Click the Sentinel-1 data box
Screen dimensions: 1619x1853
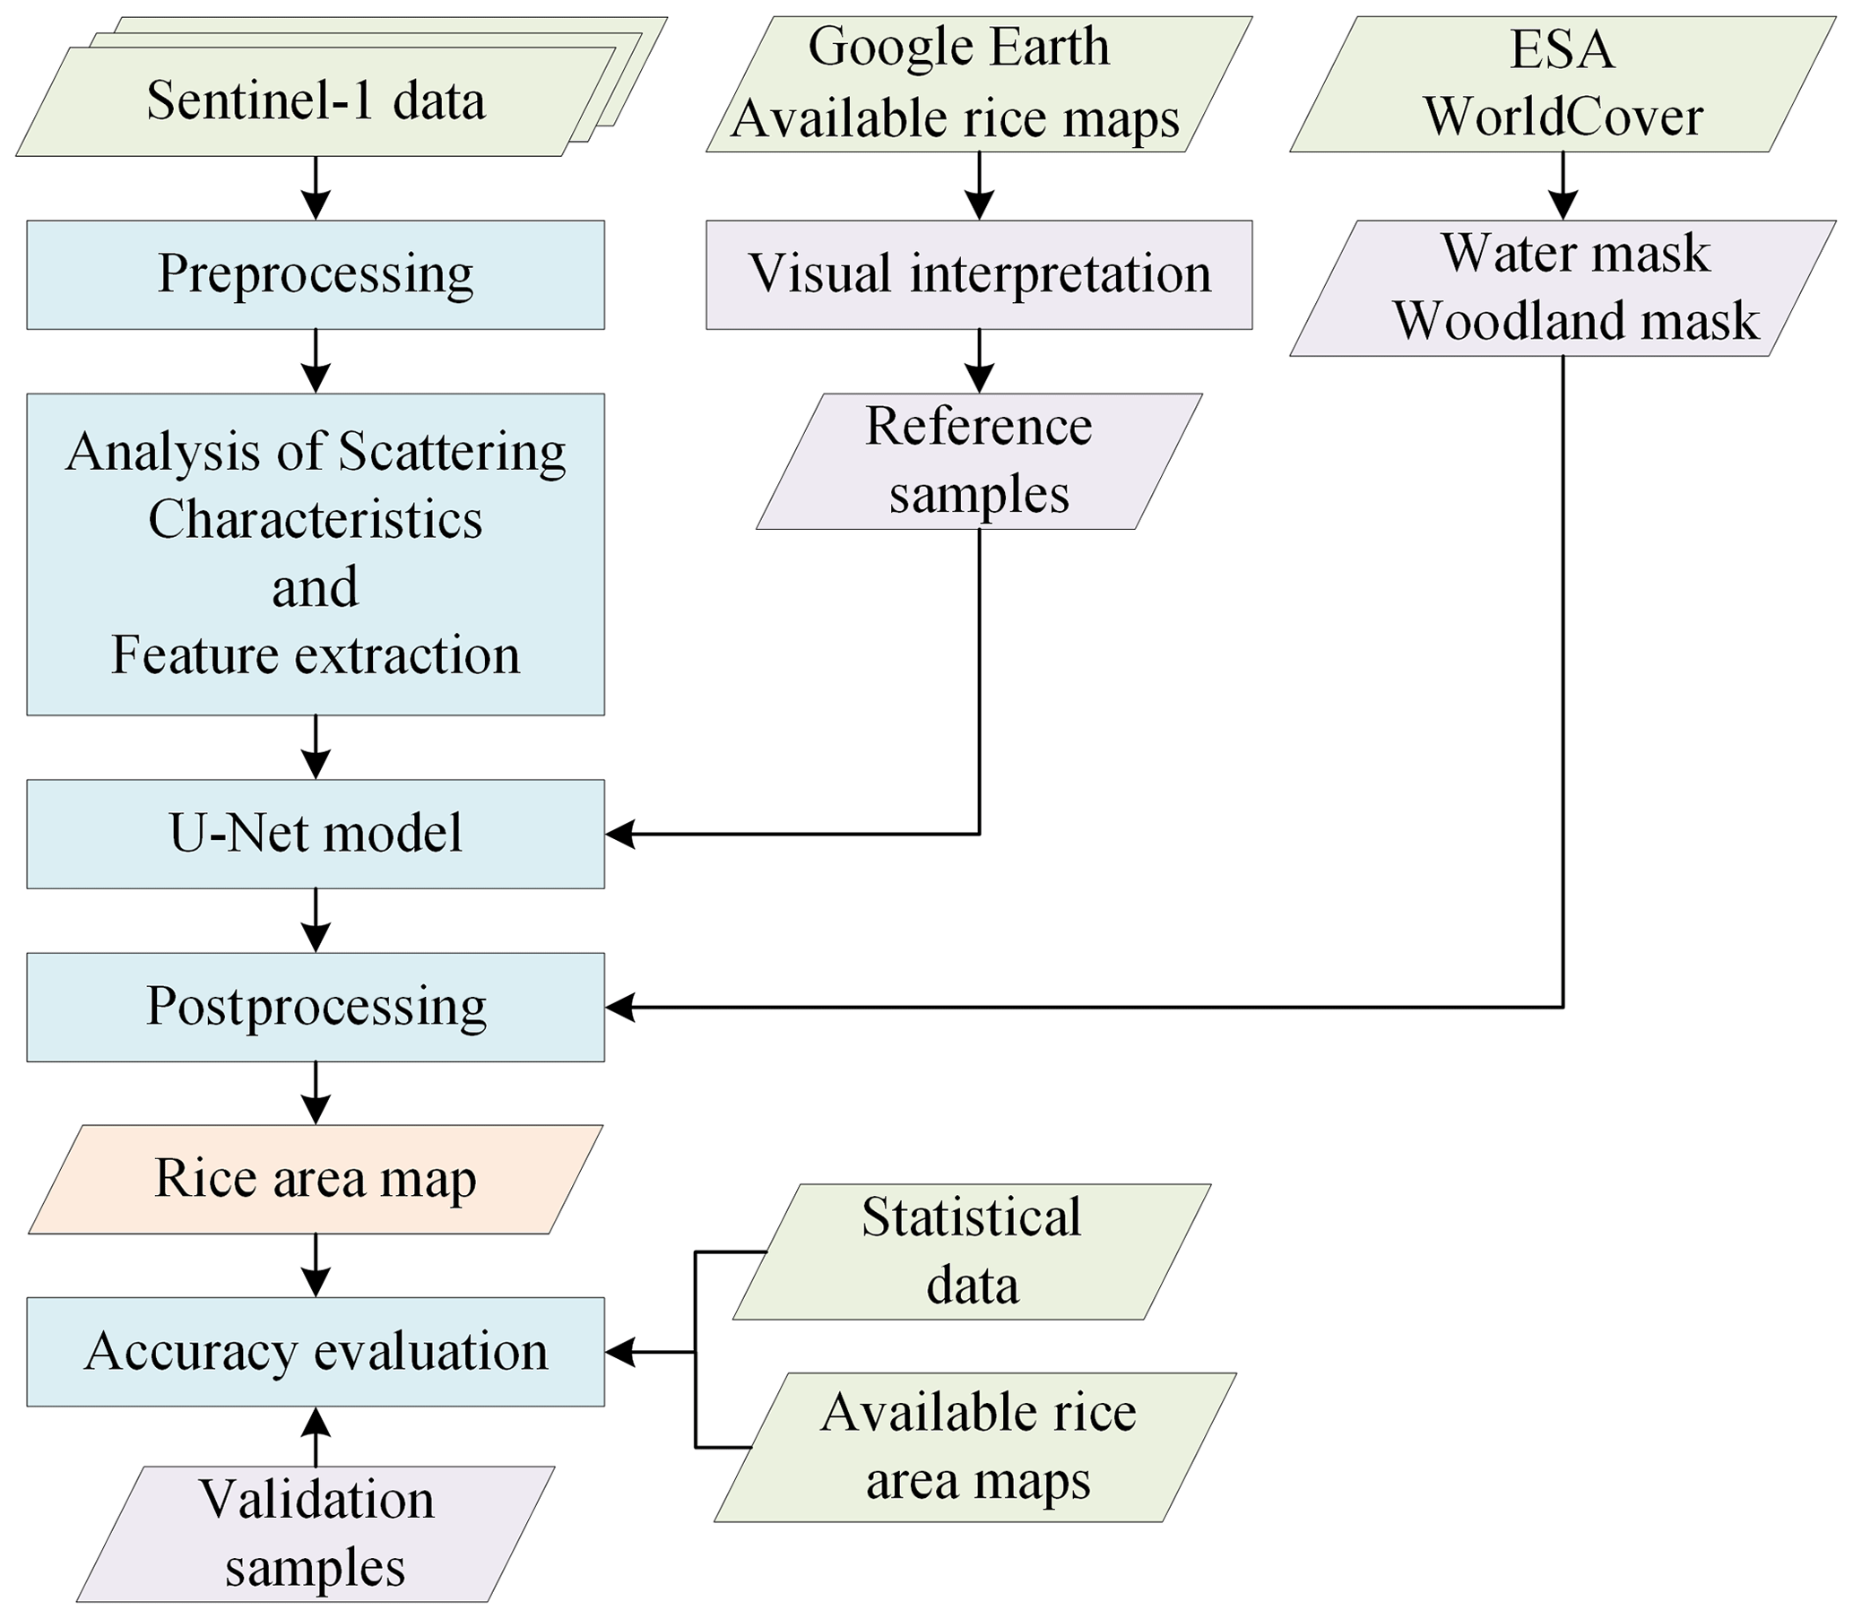[316, 101]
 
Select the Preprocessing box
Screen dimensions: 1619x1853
[316, 274]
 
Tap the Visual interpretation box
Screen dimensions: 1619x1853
[978, 274]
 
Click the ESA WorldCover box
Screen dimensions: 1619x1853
[1562, 84]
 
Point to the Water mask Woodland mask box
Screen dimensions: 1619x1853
[1562, 288]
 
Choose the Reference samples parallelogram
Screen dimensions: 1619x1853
[978, 461]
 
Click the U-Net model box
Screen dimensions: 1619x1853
[316, 834]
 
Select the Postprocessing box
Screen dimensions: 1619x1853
[316, 1007]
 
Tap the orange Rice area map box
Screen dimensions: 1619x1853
[316, 1179]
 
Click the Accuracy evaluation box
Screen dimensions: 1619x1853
[316, 1352]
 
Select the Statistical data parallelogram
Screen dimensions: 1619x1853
[971, 1252]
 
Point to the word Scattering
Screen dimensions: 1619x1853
[452, 452]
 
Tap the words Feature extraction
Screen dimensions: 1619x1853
[316, 655]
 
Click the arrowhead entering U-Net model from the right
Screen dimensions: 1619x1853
[619, 834]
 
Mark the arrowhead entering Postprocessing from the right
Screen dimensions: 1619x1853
[619, 1007]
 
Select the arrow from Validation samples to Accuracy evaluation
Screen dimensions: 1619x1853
[316, 1436]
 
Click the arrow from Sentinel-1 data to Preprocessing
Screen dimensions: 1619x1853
[316, 188]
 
